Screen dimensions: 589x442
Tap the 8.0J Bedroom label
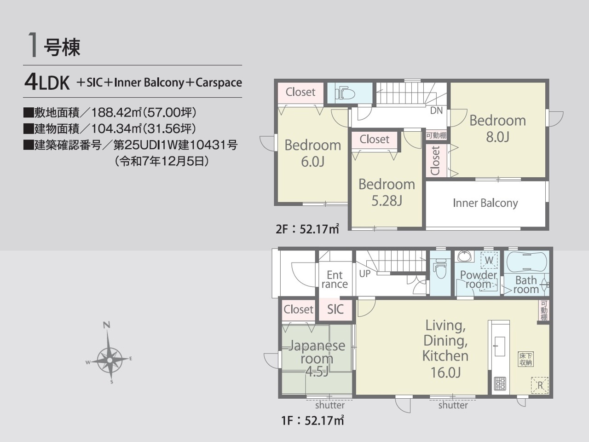[x=497, y=128]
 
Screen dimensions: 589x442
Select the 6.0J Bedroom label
[x=312, y=153]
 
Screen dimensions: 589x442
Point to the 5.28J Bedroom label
[x=387, y=192]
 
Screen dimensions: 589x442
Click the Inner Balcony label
[x=485, y=203]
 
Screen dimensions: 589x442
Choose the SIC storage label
[x=335, y=309]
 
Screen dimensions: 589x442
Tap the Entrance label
[x=335, y=279]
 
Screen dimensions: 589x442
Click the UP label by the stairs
[x=364, y=274]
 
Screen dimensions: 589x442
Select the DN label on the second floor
[x=436, y=110]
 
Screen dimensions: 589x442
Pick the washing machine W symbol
[x=489, y=260]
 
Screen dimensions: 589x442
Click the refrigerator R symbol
[x=540, y=385]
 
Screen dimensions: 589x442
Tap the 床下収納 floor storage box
[x=525, y=359]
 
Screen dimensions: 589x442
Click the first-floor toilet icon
[x=440, y=268]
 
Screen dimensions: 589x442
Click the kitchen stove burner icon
[x=500, y=383]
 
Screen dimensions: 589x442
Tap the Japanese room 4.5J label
[x=317, y=359]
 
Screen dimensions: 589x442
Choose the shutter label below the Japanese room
[x=330, y=405]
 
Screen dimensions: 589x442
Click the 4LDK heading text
[x=47, y=82]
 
